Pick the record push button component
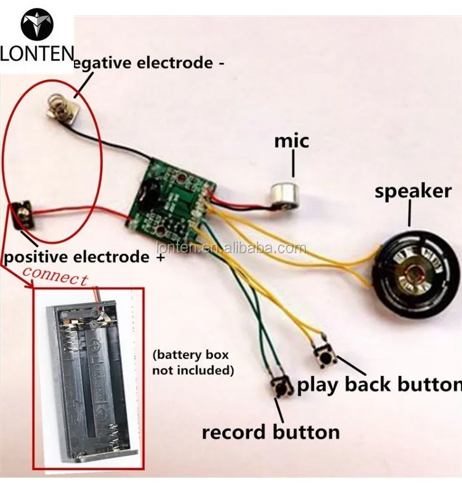pos(282,386)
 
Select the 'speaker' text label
pos(413,191)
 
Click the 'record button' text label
pos(270,431)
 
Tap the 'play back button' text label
pos(379,385)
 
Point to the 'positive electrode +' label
pos(86,256)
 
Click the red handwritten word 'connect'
pos(55,276)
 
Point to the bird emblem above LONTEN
pos(36,25)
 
